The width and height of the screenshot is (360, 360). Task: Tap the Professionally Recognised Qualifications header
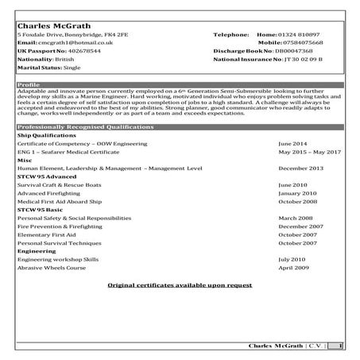pos(180,127)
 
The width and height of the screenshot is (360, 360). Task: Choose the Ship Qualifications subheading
pos(45,135)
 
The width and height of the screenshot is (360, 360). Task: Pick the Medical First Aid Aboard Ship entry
pos(64,201)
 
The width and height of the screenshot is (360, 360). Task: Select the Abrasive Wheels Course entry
pos(55,268)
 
